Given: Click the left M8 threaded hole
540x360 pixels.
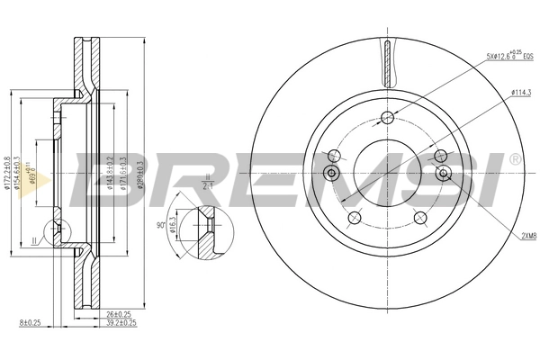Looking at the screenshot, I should pos(330,173).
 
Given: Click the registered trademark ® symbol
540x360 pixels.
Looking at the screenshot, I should pos(514,159).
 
